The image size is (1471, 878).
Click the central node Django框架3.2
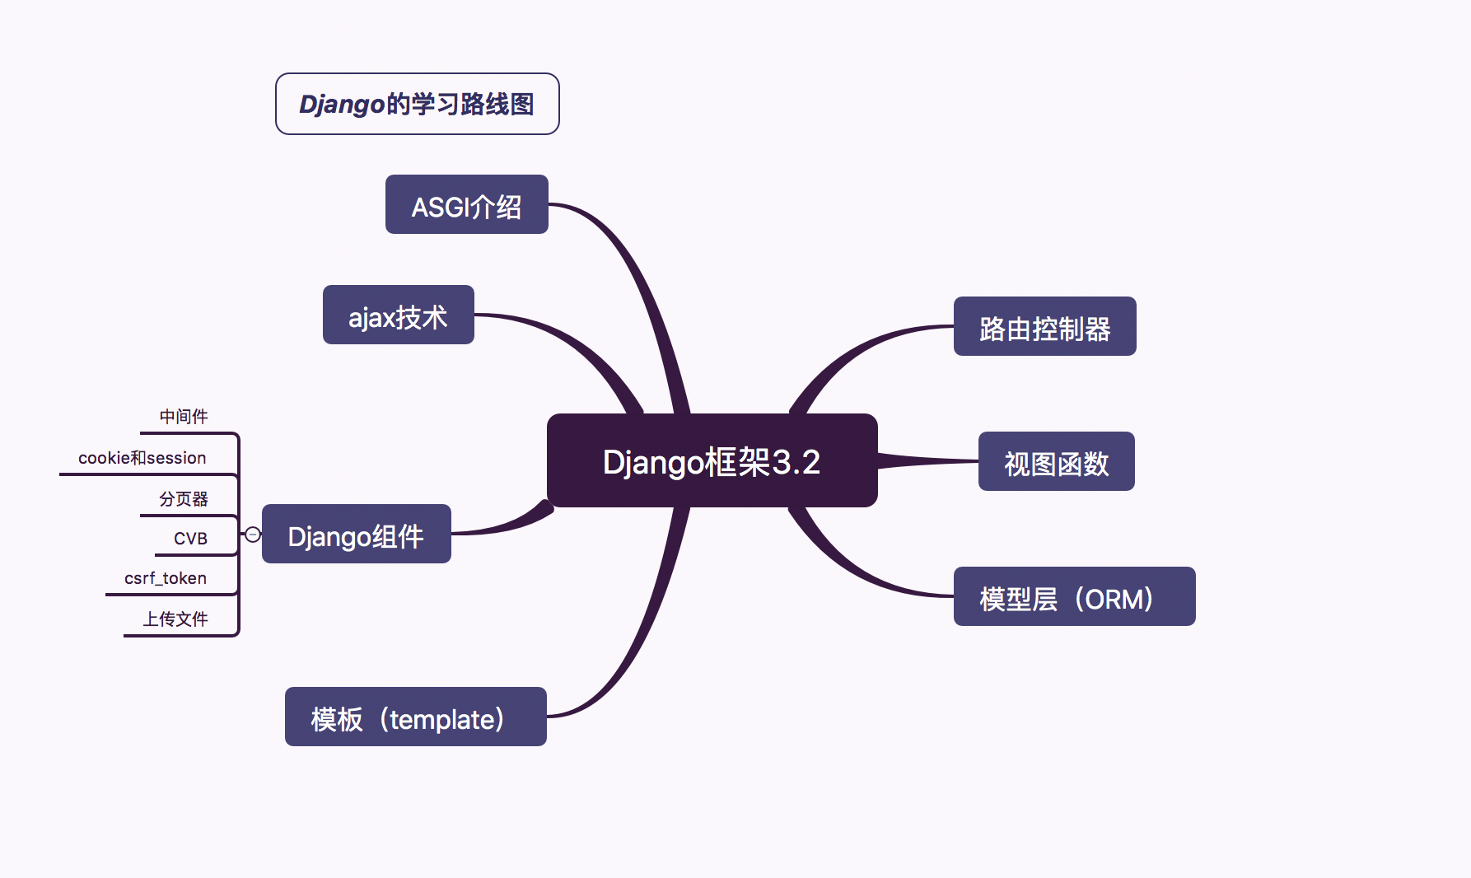pyautogui.click(x=712, y=461)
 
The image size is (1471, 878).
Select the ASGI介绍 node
pyautogui.click(x=466, y=205)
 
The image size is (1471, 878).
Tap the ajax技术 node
pyautogui.click(x=398, y=315)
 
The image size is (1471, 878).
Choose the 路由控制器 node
pyautogui.click(x=1044, y=327)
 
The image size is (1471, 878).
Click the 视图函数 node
pyautogui.click(x=1056, y=462)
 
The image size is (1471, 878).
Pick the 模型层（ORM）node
pyautogui.click(x=1074, y=597)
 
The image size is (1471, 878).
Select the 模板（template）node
pyautogui.click(x=415, y=717)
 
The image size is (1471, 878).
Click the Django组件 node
pyautogui.click(x=356, y=535)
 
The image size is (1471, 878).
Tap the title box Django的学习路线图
pyautogui.click(x=417, y=104)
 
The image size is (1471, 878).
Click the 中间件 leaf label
pyautogui.click(x=184, y=417)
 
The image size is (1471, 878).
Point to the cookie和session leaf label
pyautogui.click(x=142, y=458)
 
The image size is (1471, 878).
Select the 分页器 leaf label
pyautogui.click(x=184, y=499)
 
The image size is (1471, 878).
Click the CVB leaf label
pyautogui.click(x=190, y=539)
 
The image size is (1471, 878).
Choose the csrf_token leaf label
pyautogui.click(x=166, y=578)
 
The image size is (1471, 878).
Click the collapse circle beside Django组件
pyautogui.click(x=253, y=535)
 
